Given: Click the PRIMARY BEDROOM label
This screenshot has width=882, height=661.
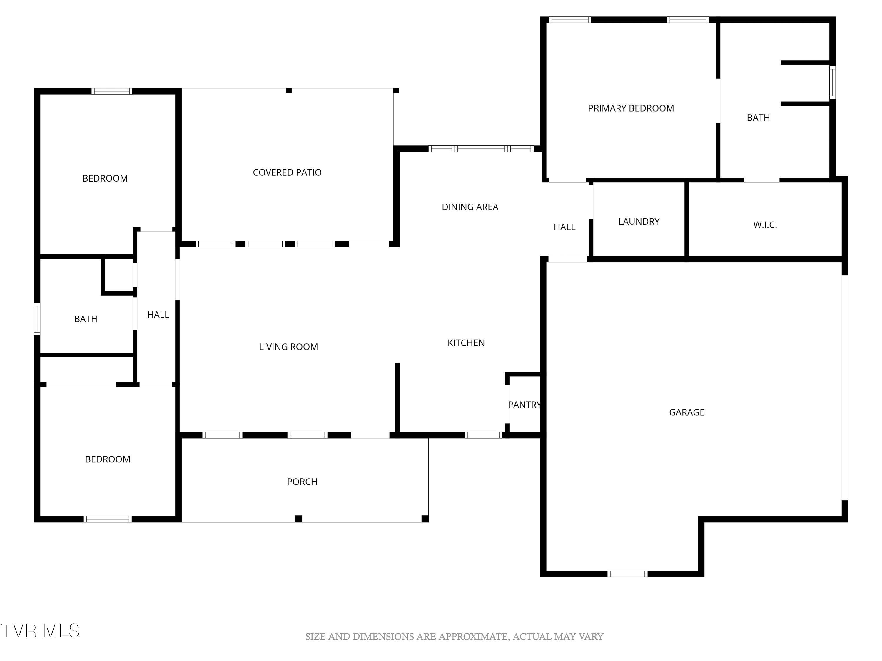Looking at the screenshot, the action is (x=631, y=108).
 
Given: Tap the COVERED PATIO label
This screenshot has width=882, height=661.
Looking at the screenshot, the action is (x=287, y=172).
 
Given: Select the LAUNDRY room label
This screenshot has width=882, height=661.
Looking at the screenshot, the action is (x=639, y=222).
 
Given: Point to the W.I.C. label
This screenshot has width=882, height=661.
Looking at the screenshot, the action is (x=765, y=225).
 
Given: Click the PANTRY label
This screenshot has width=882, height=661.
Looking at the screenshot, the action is (x=524, y=405).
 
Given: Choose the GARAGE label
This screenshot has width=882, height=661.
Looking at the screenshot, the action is (x=686, y=412).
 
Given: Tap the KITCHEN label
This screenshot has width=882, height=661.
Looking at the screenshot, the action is (x=466, y=343).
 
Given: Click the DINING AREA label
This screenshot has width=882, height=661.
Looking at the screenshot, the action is (x=470, y=207).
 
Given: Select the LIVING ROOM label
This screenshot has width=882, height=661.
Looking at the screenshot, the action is (x=288, y=347).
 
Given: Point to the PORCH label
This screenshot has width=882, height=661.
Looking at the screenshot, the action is (x=302, y=482).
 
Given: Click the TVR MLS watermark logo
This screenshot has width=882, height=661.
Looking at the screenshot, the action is (x=40, y=631).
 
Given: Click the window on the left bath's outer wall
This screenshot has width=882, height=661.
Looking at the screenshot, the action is (x=37, y=319).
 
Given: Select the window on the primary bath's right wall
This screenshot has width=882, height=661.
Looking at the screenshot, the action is (x=833, y=83).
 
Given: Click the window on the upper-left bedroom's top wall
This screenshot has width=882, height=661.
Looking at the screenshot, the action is (x=112, y=91).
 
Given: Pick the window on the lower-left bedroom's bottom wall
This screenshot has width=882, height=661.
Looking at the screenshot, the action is (x=108, y=519).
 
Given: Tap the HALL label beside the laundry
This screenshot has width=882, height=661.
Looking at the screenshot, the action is (x=564, y=227).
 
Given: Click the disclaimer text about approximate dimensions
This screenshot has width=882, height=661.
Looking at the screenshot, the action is (x=454, y=637).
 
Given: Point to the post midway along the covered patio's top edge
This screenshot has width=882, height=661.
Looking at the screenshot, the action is (x=289, y=91).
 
